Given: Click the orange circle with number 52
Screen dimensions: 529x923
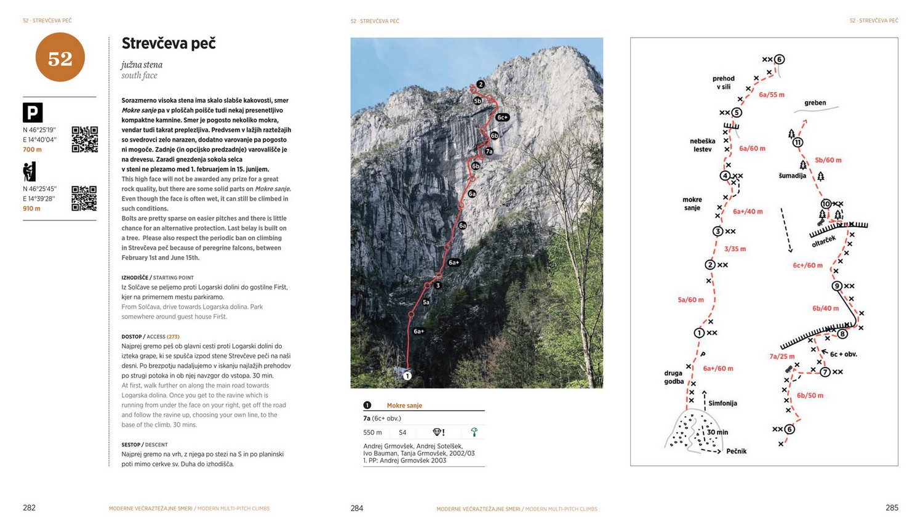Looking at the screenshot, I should pos(60,58).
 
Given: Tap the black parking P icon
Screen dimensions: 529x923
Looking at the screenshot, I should pos(33,113).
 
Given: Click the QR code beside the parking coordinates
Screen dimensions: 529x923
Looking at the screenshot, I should pos(84,139).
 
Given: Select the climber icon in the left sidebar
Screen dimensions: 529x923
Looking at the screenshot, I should pos(30,171).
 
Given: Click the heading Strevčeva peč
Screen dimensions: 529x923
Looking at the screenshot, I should pos(169,43).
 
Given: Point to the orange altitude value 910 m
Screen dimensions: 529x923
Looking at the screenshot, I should pos(31,209).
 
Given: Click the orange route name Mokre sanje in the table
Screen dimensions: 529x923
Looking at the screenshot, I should pos(404,405).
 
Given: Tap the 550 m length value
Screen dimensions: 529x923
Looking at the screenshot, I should pos(372,432).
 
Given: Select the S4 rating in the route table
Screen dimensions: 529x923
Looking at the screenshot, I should pos(402,432).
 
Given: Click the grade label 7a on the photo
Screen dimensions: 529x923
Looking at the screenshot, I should pos(489,151).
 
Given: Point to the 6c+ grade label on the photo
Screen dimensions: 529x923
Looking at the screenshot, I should pos(502,117).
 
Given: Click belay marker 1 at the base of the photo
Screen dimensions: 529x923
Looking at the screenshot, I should pos(407,375).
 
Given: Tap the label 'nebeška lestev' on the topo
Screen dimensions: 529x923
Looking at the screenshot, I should pos(702,145).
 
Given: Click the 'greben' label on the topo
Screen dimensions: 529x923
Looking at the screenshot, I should pos(815,103).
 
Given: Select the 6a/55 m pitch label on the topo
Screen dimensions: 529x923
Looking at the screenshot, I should pos(772,95).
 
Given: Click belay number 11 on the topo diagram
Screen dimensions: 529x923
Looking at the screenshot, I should pos(798,142).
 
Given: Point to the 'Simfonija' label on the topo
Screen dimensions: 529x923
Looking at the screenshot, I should pos(722,403).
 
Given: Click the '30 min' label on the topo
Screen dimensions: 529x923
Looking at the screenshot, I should pos(717,432).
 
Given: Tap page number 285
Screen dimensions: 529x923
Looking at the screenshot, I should pos(892,508).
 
